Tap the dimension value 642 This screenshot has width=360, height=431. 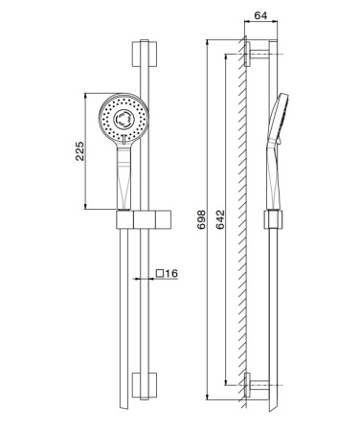tap(219, 223)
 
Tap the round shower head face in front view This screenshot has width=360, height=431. tap(124, 116)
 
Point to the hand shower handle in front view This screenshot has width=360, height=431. tap(124, 177)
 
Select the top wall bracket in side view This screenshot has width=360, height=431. tap(253, 52)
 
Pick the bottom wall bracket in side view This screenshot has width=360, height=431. tap(253, 385)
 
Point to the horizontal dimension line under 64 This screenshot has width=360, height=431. tap(260, 27)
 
